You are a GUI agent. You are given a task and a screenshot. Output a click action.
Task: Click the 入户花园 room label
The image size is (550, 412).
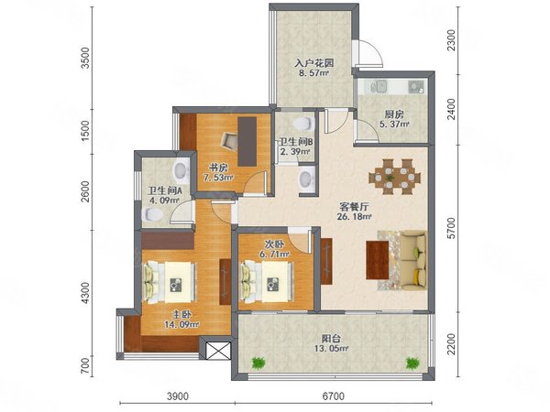[x=313, y=63]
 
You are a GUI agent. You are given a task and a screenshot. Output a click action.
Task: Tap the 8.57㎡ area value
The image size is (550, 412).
[x=313, y=73]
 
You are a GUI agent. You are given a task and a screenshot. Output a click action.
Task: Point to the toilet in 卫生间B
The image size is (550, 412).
[x=302, y=124]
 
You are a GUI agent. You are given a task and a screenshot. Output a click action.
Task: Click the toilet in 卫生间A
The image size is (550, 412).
[x=152, y=214]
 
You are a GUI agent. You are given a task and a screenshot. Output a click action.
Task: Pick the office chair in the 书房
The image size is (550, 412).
[x=229, y=141]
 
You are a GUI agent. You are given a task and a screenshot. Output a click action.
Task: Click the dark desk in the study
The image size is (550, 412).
[x=247, y=142]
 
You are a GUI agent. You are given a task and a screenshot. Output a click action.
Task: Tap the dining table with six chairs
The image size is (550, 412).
[x=394, y=177]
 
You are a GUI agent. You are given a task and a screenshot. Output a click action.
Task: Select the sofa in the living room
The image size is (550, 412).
[x=413, y=260]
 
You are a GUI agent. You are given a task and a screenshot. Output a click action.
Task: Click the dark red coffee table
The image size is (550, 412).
[x=378, y=260]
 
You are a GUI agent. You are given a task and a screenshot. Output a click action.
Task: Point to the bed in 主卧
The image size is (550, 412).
[x=169, y=282]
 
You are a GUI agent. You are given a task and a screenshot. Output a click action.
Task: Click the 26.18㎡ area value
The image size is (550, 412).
[x=354, y=216]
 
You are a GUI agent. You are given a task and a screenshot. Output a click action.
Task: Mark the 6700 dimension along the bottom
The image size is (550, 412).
[x=334, y=396]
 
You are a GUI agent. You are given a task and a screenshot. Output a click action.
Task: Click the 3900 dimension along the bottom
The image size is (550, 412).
[x=178, y=396]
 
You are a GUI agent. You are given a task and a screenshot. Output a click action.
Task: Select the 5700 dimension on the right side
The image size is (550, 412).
[x=452, y=228]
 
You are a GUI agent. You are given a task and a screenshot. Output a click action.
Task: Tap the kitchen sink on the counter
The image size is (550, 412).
[x=379, y=86]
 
